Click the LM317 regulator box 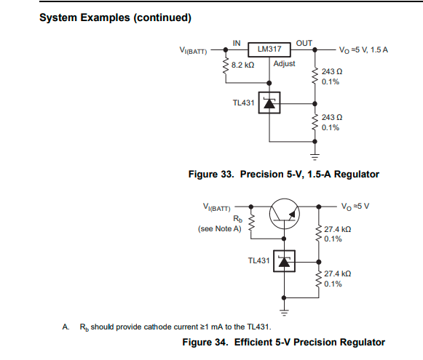point(269,49)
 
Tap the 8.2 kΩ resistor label point(242,65)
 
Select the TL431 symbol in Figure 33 point(269,103)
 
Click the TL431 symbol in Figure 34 point(284,261)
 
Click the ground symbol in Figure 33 point(315,157)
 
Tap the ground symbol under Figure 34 point(284,312)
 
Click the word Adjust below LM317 point(285,64)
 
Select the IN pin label point(237,43)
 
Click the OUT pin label point(304,43)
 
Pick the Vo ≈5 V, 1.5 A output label point(363,50)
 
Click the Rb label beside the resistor point(237,218)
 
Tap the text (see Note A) point(220,229)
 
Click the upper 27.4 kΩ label point(338,229)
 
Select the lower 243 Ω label point(332,118)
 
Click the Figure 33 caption point(284,175)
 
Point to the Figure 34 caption point(284,343)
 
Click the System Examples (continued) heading point(116,17)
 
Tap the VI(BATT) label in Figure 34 point(217,207)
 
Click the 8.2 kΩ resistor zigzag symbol point(226,66)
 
